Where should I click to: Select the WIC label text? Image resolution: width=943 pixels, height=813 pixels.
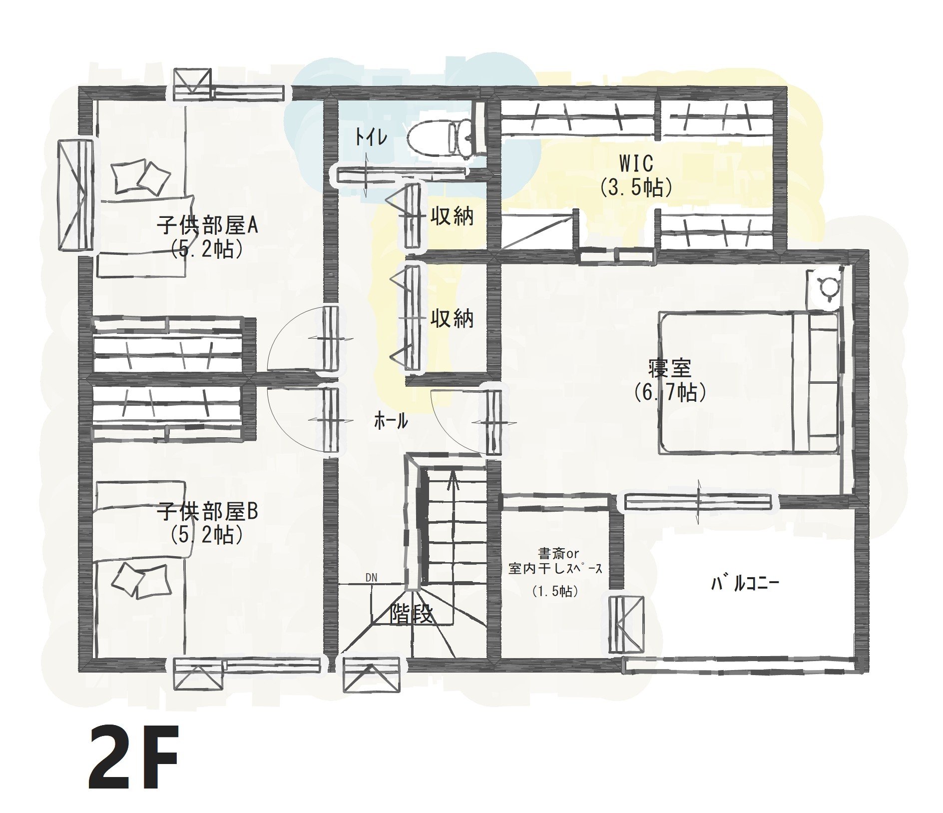[x=636, y=162]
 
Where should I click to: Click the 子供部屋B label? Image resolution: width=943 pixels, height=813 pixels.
[x=207, y=512]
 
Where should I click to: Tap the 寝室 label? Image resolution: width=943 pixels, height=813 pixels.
[x=670, y=369]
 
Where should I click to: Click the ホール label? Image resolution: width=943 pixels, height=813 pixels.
[x=391, y=422]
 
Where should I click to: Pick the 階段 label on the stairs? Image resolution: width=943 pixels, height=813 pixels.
[x=411, y=615]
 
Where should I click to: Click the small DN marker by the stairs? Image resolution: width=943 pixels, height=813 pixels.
[x=371, y=578]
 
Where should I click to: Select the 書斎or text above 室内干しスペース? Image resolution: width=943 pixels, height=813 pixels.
[x=558, y=553]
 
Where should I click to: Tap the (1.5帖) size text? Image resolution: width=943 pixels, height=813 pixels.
[x=555, y=592]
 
